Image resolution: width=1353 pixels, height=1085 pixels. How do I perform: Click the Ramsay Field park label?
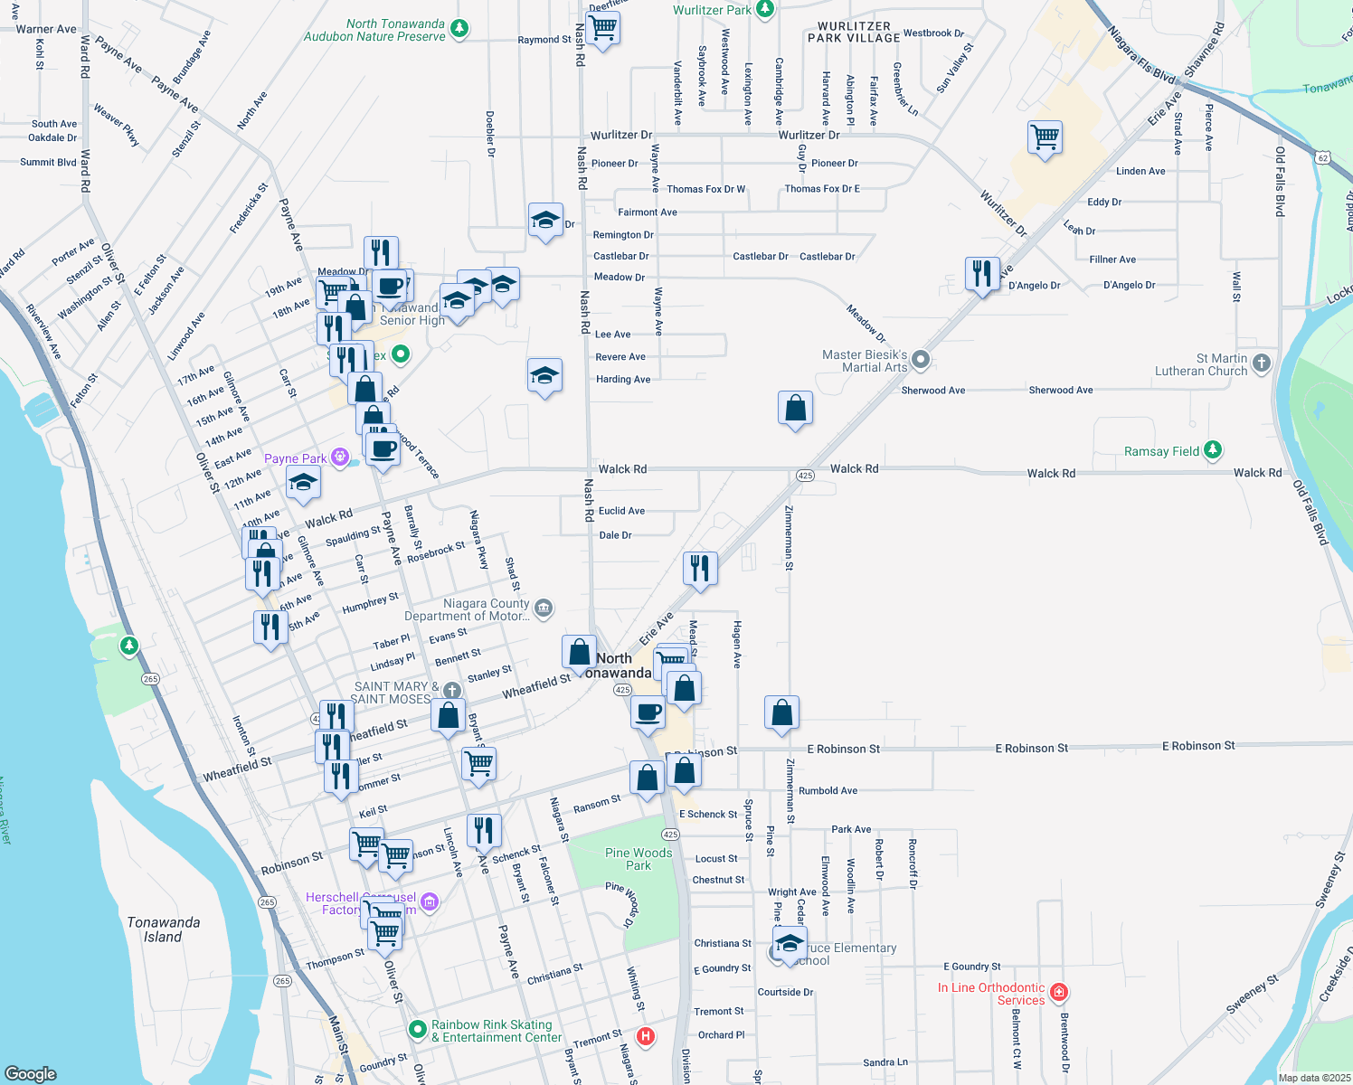click(x=1161, y=451)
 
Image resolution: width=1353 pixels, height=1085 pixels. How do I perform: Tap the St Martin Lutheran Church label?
click(x=1201, y=365)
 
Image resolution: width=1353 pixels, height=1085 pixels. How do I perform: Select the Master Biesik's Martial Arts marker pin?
click(x=921, y=360)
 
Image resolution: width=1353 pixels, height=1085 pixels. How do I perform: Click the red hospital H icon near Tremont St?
click(x=646, y=1036)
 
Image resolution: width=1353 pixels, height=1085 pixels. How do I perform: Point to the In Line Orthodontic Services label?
click(x=991, y=994)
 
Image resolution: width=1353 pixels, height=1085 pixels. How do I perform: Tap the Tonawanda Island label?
click(x=163, y=929)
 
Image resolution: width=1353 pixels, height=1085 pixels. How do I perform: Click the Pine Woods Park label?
click(x=639, y=859)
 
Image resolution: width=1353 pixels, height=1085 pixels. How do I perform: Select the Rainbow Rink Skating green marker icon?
click(x=417, y=1029)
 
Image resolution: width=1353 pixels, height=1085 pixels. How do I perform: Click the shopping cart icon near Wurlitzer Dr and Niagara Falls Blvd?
click(x=1045, y=138)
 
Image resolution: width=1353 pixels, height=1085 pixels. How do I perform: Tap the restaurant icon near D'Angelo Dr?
click(x=982, y=273)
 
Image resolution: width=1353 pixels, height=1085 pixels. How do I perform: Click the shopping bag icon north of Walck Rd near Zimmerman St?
click(x=795, y=409)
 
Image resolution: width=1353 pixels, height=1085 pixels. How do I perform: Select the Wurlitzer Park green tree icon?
click(x=765, y=9)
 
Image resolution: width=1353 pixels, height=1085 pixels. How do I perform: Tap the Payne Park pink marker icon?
click(x=340, y=458)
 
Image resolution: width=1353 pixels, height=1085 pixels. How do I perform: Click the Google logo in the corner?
click(x=30, y=1073)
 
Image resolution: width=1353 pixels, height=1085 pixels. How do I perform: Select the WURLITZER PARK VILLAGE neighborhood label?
click(x=854, y=33)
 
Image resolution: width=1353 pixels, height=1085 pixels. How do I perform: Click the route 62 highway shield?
click(x=1323, y=158)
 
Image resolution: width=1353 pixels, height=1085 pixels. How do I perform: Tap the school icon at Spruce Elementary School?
click(x=790, y=942)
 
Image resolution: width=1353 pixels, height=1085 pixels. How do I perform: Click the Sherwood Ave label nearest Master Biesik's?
click(x=932, y=391)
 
